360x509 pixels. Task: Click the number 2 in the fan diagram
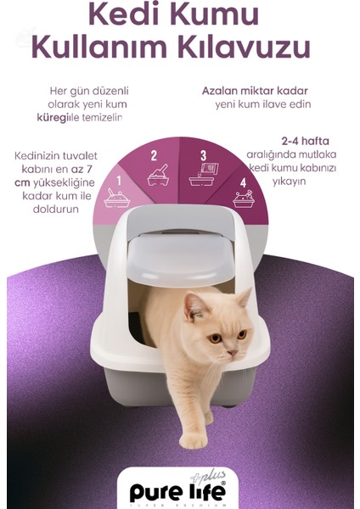[154, 155]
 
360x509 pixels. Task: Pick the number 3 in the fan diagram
[204, 155]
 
